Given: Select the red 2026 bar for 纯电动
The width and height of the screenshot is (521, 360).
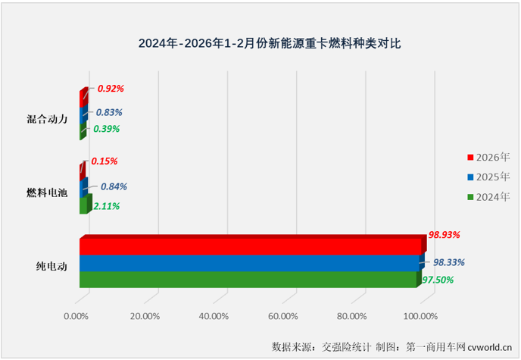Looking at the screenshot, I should pos(250,247).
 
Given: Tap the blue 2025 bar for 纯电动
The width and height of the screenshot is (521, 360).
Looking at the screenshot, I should pos(250,263).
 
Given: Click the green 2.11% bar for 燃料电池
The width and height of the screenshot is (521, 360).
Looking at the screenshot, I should pos(83,206).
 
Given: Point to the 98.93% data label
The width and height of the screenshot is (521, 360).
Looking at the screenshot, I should pos(445,237).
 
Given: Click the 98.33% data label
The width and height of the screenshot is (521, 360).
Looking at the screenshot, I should pos(448,262).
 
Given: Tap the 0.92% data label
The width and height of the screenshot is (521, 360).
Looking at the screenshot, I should pos(111,89).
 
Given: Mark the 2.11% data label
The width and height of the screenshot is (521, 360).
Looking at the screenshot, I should pos(107,205).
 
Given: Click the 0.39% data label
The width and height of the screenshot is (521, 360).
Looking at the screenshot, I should pos(107,129).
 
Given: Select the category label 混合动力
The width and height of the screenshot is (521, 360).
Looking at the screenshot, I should pos(46,118).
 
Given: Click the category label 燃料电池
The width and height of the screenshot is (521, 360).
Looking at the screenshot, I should pos(46,193).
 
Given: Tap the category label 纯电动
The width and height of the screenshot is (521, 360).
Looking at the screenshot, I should pos(51,267).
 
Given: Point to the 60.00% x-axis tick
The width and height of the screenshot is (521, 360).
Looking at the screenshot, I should pos(282,316).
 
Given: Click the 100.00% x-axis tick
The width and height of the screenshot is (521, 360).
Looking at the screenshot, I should pos(420,316).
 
